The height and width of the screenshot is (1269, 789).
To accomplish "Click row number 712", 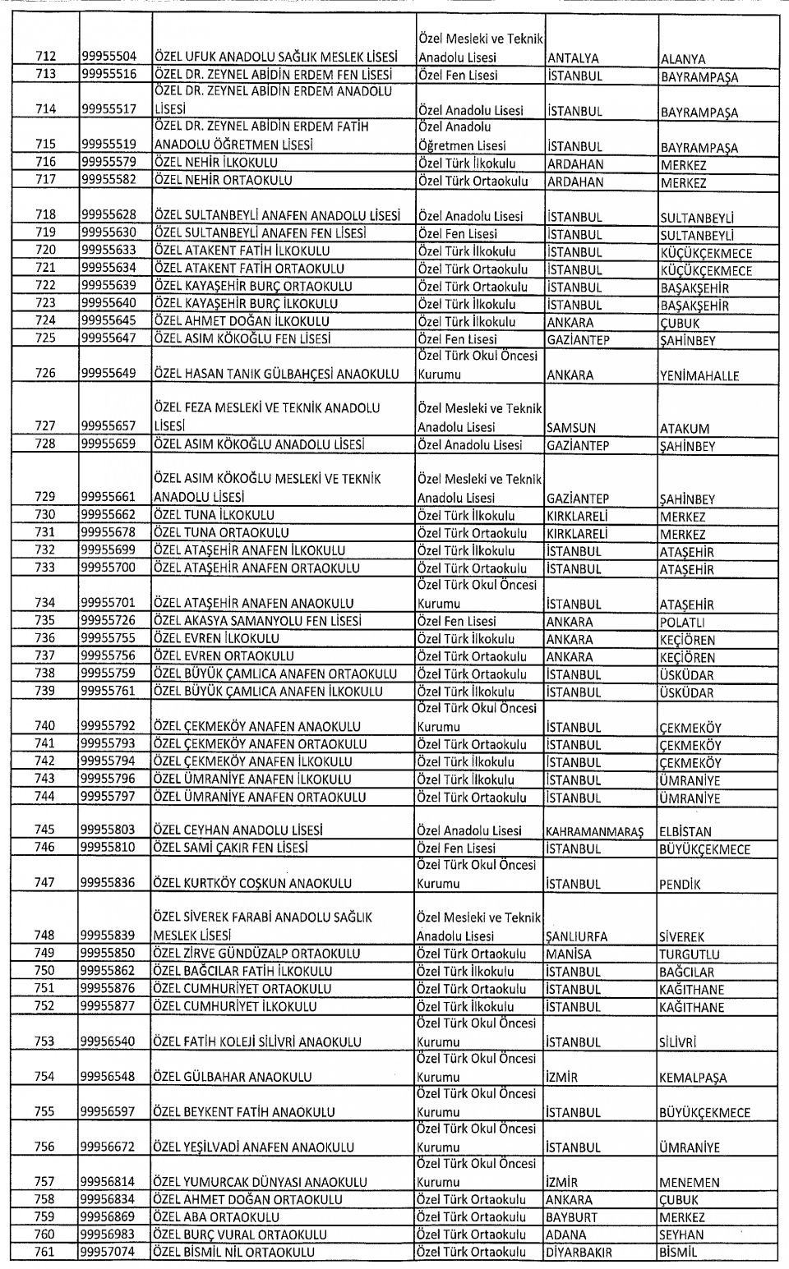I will (46, 57).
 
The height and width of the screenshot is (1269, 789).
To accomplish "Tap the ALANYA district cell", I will (683, 59).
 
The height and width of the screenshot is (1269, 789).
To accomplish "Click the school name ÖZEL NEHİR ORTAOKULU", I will (223, 181).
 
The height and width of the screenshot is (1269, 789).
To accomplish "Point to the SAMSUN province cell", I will (571, 428).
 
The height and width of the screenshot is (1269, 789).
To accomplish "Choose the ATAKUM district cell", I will (685, 429).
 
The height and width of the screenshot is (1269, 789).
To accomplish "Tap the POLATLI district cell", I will (682, 623).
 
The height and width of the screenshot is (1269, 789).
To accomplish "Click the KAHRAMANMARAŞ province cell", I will (594, 831).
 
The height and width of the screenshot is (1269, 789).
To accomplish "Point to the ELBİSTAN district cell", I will (685, 831).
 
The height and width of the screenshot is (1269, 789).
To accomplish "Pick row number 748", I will (46, 936).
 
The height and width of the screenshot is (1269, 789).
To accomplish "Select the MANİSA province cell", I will (569, 954).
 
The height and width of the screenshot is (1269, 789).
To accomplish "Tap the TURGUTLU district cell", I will (689, 954).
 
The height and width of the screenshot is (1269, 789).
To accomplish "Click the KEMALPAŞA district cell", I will (693, 1078).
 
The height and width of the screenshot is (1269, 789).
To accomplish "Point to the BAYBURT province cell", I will (572, 1217).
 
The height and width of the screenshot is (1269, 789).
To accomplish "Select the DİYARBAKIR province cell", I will (579, 1253).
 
